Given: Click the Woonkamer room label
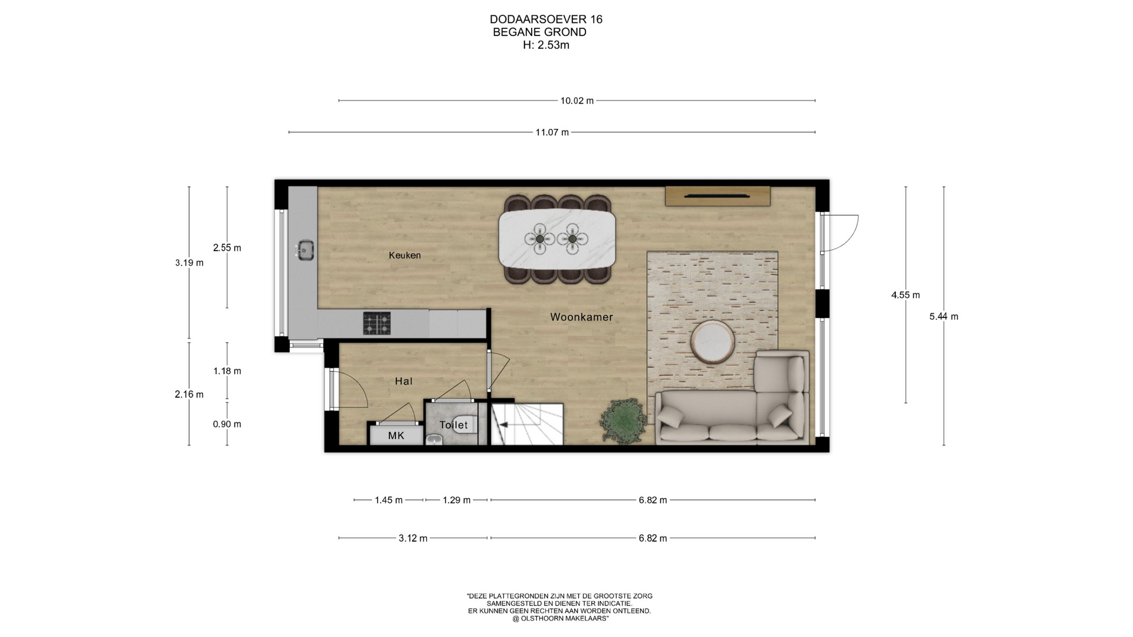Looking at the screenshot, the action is coord(581,317).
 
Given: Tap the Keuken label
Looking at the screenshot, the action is coord(405,255).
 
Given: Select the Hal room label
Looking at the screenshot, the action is coord(404,382).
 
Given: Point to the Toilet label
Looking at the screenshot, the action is coord(454,425).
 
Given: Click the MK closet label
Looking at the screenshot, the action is coord(396,436).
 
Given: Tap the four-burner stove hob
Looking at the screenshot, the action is coord(376,323).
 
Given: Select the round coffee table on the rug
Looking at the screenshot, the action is coord(713,342).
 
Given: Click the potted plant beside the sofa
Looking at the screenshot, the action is coord(621,420).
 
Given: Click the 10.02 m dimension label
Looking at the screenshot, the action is coord(577,101).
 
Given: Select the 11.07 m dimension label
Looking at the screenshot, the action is coord(552,133).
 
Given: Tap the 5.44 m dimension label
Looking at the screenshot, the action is coord(944,317).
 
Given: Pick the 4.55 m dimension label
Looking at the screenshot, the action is coord(905,295).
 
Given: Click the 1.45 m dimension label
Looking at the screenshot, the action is coord(389,501).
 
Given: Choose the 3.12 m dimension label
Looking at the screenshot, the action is coord(413,539).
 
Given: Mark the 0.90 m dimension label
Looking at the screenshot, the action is coord(227,425).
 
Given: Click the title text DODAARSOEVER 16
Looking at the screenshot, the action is coord(546,19).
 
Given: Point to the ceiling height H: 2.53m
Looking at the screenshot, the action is coord(546,45).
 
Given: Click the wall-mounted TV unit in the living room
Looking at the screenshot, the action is coord(718,196).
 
